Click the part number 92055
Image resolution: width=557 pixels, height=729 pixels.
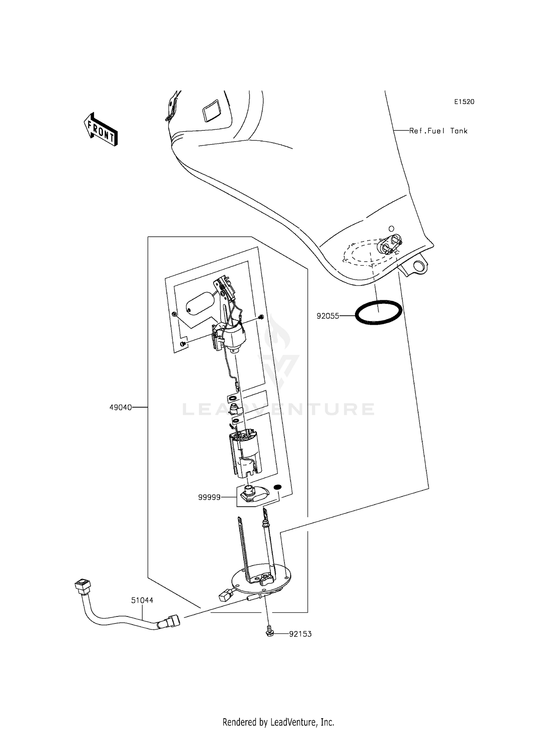point(328,316)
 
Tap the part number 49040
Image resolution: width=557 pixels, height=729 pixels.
point(120,408)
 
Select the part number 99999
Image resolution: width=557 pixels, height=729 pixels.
point(209,497)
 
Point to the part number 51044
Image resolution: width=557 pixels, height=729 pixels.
point(142,600)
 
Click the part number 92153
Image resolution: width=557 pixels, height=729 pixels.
point(300,634)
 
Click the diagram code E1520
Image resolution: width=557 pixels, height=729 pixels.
point(464,102)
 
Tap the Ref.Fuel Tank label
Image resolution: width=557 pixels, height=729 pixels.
point(438,131)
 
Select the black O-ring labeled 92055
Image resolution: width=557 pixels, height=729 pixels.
point(378,312)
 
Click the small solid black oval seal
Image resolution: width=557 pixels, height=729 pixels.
point(277,487)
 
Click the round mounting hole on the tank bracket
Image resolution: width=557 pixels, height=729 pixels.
point(419,266)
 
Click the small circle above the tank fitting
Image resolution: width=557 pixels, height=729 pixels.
point(391,228)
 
